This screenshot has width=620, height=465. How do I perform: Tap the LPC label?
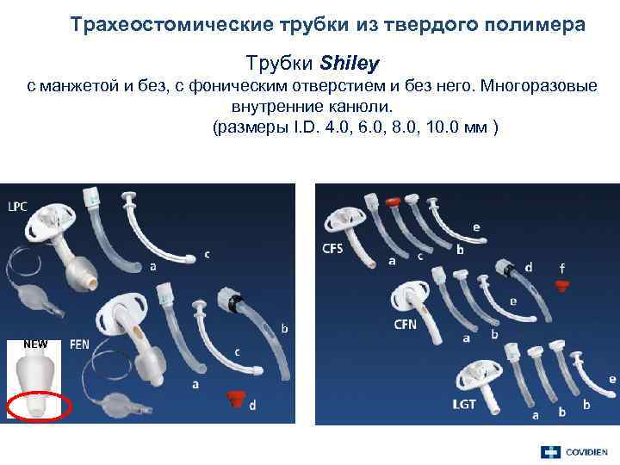pyautogui.click(x=19, y=208)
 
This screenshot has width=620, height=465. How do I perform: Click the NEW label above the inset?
pyautogui.click(x=35, y=344)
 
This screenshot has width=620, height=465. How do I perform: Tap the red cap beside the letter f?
pyautogui.click(x=562, y=284)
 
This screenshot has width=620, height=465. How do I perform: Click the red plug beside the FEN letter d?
pyautogui.click(x=232, y=398)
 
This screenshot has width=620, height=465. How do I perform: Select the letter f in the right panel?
pyautogui.click(x=562, y=267)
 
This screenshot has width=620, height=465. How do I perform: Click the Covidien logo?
pyautogui.click(x=573, y=452)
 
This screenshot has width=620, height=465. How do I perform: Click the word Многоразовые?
pyautogui.click(x=542, y=88)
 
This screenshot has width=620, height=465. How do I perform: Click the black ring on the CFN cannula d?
pyautogui.click(x=510, y=269)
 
